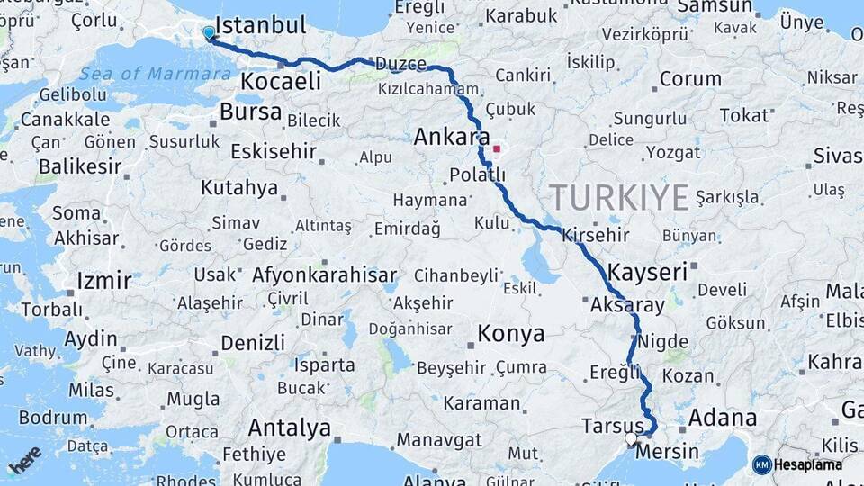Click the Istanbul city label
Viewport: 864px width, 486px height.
pos(261,24)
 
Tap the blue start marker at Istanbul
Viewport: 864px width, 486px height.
pos(209,33)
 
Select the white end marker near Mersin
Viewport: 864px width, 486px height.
pos(631,439)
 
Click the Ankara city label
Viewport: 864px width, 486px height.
pos(451,137)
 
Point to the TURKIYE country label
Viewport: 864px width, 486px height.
pos(619,197)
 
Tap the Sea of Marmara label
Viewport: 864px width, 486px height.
pos(154,74)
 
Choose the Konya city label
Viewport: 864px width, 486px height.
pos(510,334)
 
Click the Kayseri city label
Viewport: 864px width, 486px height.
pos(647,271)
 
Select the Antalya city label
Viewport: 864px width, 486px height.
pos(289,427)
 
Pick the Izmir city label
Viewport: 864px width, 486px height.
pos(104,281)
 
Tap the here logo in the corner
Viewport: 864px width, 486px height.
pos(24,459)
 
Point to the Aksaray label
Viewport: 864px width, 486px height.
pos(627,306)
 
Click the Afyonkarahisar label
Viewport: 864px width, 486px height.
pos(325,275)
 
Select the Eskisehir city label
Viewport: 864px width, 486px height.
pos(274,151)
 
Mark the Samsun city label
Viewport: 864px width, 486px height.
pos(714,7)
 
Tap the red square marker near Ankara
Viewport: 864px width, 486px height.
pos(496,148)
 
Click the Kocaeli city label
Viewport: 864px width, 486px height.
pos(280,82)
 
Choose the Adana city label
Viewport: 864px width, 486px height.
pos(723,418)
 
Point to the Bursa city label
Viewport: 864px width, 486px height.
pos(251,113)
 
